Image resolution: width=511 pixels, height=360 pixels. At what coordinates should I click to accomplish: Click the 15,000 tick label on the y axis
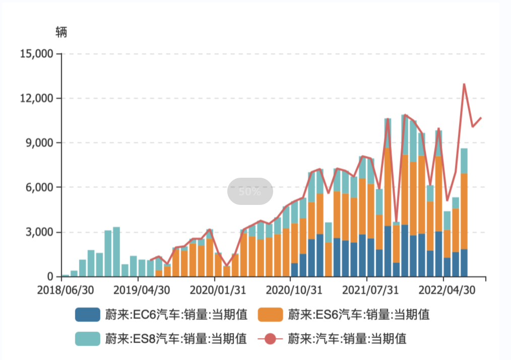click(x=36, y=53)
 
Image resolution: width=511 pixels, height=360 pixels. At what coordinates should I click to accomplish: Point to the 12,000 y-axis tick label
click(x=36, y=98)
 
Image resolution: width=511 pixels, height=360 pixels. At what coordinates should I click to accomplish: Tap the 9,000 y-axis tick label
click(x=39, y=142)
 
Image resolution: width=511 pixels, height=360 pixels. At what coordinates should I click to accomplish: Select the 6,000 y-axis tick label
click(x=39, y=187)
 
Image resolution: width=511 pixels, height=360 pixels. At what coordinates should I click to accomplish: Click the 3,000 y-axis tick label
click(x=39, y=232)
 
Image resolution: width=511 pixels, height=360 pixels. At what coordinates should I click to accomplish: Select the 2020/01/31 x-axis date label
click(x=215, y=291)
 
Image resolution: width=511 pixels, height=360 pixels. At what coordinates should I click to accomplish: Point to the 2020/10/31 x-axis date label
click(x=291, y=291)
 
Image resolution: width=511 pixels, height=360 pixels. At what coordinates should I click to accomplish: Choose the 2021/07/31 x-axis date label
click(x=367, y=291)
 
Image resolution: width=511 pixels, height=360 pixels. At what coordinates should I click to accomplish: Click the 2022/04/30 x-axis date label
click(x=443, y=291)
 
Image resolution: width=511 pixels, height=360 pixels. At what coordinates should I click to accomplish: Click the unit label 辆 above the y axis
click(x=61, y=33)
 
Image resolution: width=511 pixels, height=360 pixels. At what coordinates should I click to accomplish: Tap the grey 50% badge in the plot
click(x=250, y=191)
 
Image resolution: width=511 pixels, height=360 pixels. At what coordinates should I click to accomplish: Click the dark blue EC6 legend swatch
click(x=88, y=315)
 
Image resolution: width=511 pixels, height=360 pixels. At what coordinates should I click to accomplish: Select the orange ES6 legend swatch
click(x=270, y=315)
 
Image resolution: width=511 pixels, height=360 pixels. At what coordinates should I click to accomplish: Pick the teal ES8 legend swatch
click(x=88, y=338)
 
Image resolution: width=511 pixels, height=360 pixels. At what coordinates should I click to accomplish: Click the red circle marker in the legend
click(x=270, y=338)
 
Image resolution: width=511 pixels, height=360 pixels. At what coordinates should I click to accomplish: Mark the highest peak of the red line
click(x=464, y=84)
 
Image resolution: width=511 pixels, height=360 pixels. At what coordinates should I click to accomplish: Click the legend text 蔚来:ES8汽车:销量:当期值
click(x=176, y=338)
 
